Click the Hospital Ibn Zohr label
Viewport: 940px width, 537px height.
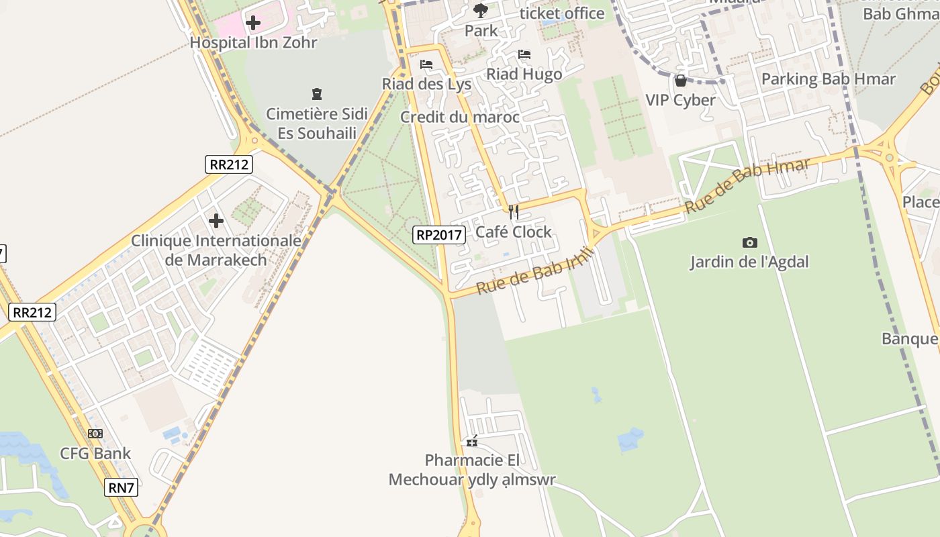pos(252,42)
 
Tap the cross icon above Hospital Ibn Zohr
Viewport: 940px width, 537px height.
pos(253,23)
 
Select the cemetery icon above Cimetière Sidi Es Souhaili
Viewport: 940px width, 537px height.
pos(317,94)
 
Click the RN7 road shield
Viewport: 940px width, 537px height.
pos(122,487)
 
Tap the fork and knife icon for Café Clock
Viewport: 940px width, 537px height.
pos(514,212)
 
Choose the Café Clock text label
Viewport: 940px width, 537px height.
pos(514,232)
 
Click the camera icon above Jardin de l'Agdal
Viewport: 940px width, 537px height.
pos(749,242)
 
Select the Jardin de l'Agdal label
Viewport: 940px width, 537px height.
pos(749,262)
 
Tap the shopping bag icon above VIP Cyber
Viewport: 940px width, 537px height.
pos(681,81)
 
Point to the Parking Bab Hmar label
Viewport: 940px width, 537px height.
pos(829,79)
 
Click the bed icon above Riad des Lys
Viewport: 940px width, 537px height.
pos(426,65)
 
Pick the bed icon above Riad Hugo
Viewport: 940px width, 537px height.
pos(524,54)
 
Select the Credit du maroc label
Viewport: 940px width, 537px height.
pos(460,117)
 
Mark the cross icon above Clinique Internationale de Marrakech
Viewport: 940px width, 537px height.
pos(216,220)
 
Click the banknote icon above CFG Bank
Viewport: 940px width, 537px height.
pos(95,434)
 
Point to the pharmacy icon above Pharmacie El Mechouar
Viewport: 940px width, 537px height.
pos(473,441)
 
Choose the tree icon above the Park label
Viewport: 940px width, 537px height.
pos(481,10)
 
